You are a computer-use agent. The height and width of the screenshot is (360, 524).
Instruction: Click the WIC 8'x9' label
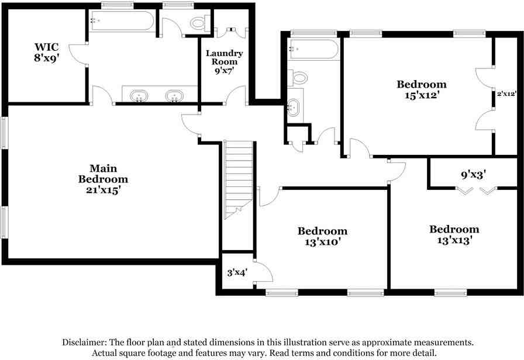[x=47, y=52]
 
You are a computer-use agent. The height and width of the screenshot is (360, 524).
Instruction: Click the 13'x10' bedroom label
[x=322, y=236]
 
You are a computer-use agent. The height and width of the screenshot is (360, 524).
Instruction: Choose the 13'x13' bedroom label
[x=454, y=234]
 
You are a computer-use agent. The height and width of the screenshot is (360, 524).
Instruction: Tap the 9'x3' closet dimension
[x=474, y=174]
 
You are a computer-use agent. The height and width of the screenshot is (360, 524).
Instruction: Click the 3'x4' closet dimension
[x=237, y=272]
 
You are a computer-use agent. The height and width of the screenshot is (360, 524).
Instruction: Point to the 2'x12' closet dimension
[x=506, y=93]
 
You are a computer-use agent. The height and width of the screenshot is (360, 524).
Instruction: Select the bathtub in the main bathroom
[x=122, y=22]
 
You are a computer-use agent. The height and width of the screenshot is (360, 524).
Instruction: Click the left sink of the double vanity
[x=139, y=96]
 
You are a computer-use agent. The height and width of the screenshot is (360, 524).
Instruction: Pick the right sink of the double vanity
[x=174, y=96]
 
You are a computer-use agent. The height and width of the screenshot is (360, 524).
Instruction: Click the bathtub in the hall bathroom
[x=313, y=49]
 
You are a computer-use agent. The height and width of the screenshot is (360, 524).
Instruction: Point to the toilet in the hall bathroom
[x=299, y=78]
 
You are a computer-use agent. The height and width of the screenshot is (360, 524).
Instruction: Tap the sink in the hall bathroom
[x=294, y=107]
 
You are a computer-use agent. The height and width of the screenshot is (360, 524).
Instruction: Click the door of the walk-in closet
[x=78, y=54]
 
